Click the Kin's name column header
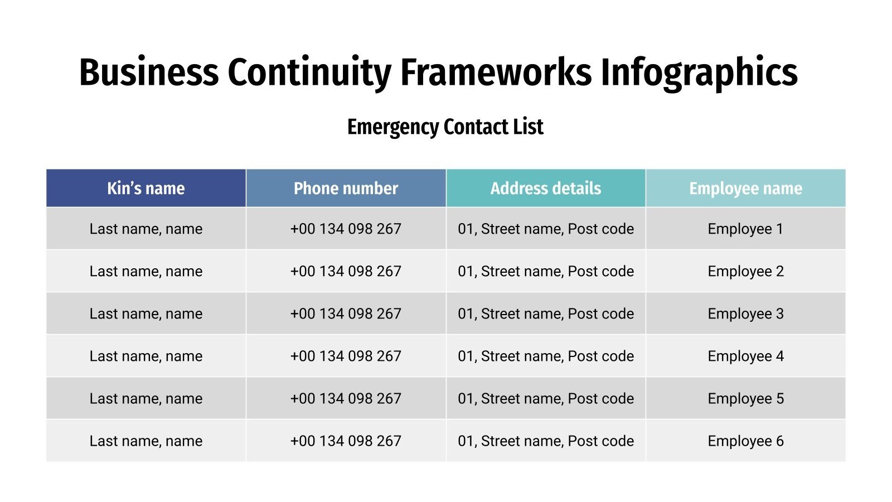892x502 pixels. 146,189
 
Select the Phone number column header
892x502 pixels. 346,189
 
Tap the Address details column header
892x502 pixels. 546,189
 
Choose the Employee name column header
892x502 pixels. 745,189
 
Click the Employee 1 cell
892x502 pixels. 745,229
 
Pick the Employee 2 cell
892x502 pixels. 745,271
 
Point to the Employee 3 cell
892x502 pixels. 745,313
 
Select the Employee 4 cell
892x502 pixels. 745,356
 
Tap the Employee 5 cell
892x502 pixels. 745,398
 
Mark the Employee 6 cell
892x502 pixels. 745,441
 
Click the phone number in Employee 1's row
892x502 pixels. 346,229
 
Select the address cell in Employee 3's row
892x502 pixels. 546,313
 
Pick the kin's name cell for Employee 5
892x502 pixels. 146,398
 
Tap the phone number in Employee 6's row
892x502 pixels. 346,441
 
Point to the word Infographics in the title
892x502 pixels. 699,73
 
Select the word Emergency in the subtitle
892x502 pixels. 393,127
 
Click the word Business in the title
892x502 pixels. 149,73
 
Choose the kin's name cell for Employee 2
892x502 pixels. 146,271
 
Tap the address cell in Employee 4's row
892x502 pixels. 546,356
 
